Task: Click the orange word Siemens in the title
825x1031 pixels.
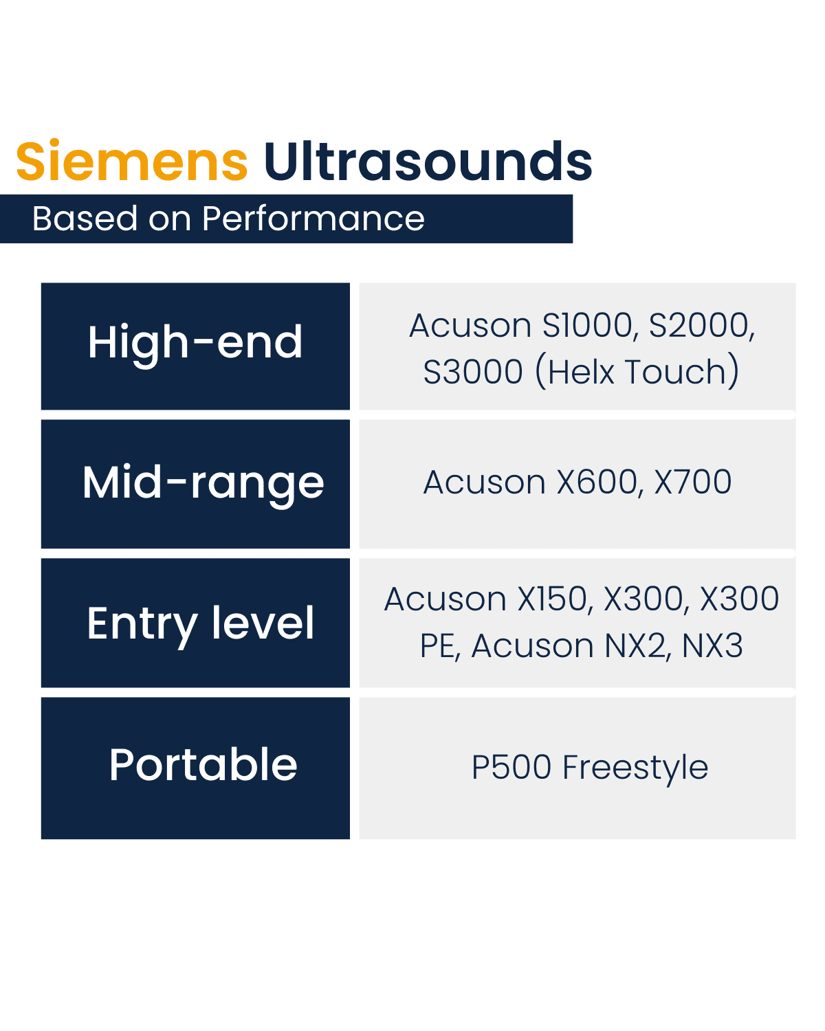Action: tap(132, 162)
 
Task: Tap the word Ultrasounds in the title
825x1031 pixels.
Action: tap(428, 162)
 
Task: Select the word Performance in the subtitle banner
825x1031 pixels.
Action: tap(313, 219)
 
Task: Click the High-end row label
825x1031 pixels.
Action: tap(195, 343)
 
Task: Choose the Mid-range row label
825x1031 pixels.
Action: tap(203, 483)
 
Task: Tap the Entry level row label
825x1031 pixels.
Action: tap(200, 624)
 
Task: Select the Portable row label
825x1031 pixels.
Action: tap(203, 765)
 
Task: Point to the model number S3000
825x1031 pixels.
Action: tap(473, 372)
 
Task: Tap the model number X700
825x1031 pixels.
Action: tap(693, 483)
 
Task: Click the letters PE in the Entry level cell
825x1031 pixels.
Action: tap(439, 646)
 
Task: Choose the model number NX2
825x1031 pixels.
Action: tap(637, 646)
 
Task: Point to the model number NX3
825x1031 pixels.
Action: tap(712, 646)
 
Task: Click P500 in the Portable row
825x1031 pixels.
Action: tap(511, 767)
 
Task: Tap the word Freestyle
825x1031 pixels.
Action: tap(635, 767)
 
